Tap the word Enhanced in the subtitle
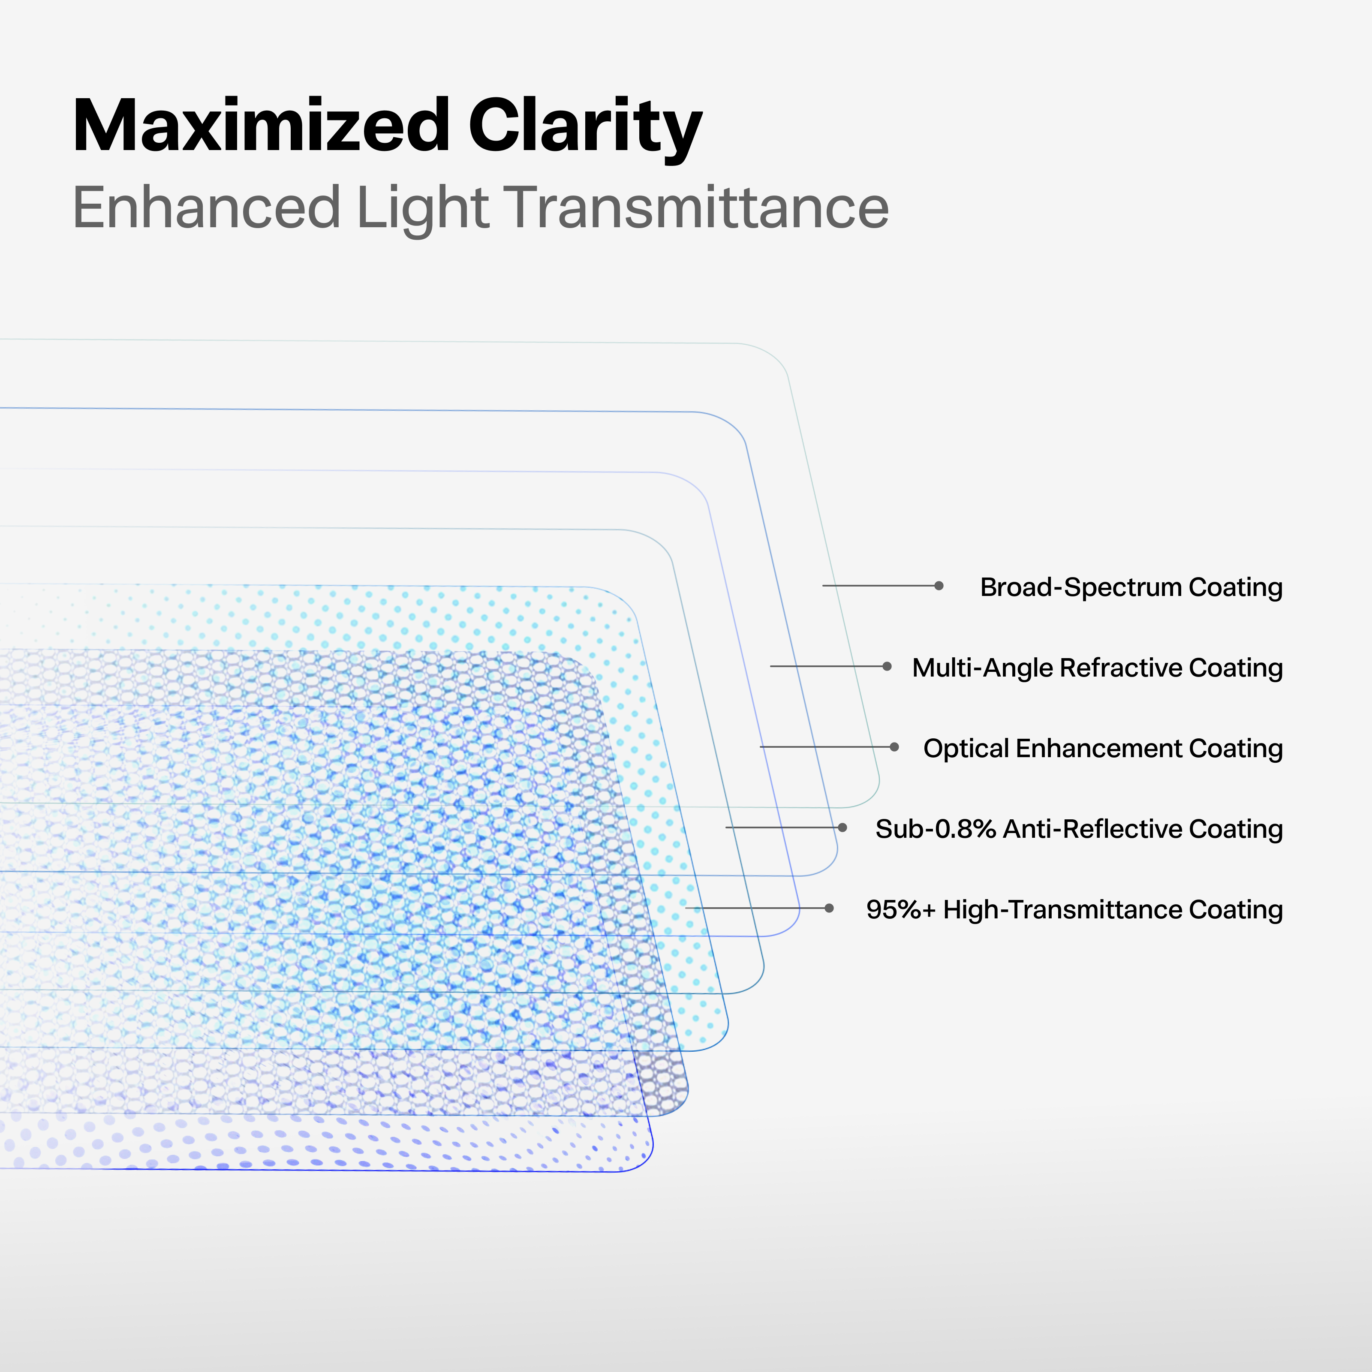[x=207, y=208]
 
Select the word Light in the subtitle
[x=423, y=210]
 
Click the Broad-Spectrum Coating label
[x=1131, y=587]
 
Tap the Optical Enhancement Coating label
[x=1103, y=749]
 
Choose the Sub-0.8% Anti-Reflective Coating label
[x=1079, y=829]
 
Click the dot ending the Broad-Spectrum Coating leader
[x=939, y=586]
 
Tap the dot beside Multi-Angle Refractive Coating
[x=887, y=666]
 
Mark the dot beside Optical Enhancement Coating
[x=894, y=747]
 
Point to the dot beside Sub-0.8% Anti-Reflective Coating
[x=842, y=827]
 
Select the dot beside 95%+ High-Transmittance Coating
[x=829, y=908]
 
